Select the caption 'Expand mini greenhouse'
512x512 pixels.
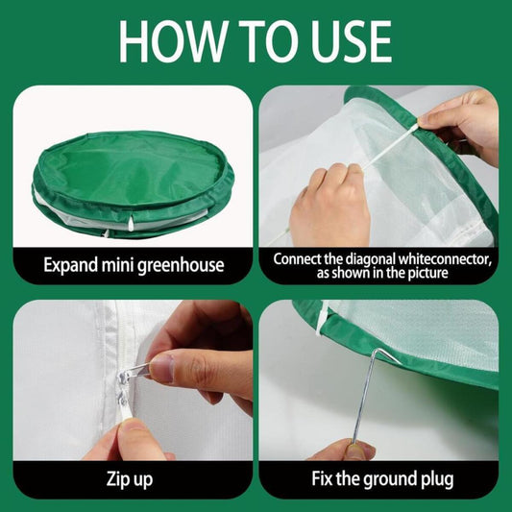click(132, 264)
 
